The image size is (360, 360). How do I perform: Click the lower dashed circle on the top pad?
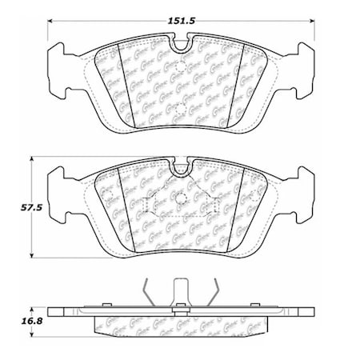coord(180,109)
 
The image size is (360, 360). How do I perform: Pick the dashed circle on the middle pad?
coord(180,199)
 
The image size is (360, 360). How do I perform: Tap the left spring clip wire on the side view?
coord(144,292)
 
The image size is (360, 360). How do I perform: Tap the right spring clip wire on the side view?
coord(216,292)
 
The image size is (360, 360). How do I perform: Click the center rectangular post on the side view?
coord(180,293)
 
